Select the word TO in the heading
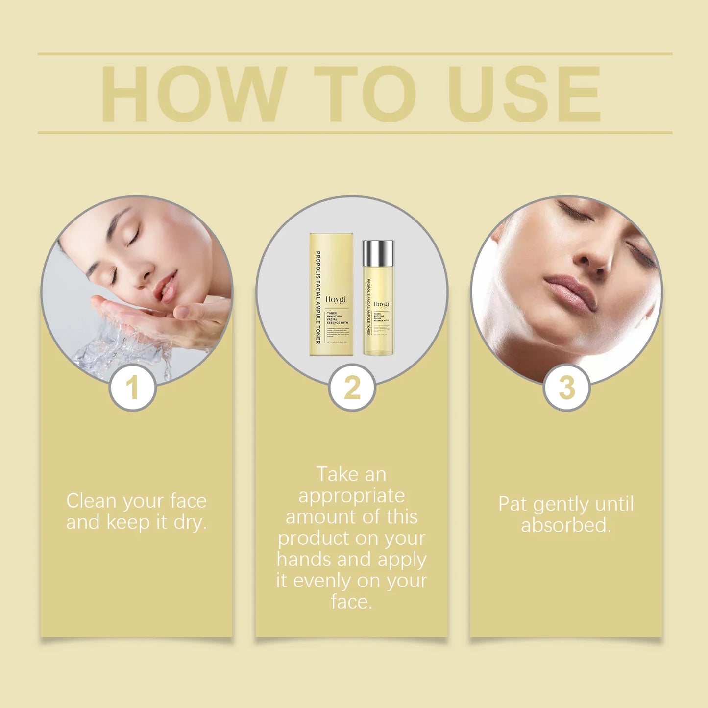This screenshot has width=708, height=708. point(365,94)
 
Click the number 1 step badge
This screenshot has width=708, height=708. point(132,388)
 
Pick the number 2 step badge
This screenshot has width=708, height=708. point(352,388)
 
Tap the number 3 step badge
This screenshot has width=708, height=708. point(566,388)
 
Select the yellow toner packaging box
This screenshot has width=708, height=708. point(331,294)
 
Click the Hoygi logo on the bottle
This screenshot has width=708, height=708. point(381,304)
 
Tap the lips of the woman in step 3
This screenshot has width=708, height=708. point(571,293)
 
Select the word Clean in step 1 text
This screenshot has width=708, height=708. point(92,501)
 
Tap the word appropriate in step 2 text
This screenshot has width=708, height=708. point(351,496)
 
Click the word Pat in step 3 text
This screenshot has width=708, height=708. point(513,504)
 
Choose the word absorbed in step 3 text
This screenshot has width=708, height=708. point(565,525)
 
